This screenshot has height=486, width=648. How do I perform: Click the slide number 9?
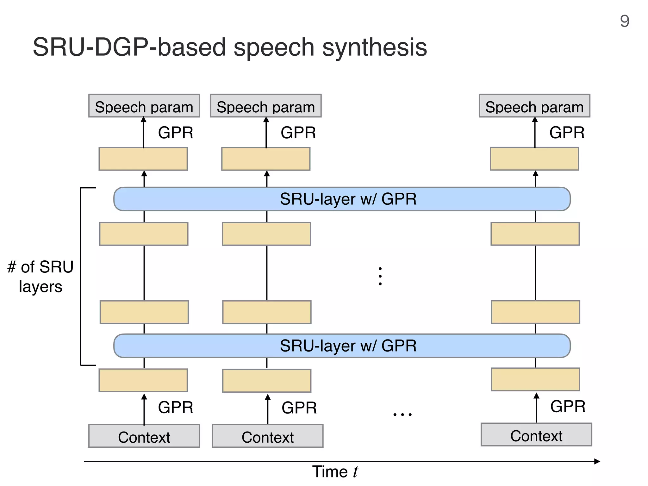pos(624,22)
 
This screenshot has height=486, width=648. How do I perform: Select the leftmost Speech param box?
pos(144,106)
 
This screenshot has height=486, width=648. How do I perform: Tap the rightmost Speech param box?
pos(534,106)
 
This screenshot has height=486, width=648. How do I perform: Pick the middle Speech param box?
pos(266,106)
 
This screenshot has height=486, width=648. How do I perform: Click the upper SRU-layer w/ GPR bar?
pos(342,199)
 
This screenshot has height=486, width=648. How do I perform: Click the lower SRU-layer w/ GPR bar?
pos(342,346)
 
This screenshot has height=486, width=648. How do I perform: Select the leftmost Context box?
pos(144,436)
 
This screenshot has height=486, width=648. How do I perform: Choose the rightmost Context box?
pos(536,435)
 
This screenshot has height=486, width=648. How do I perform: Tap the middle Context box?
pos(268,436)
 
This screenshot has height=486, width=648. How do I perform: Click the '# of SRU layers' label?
pos(40,277)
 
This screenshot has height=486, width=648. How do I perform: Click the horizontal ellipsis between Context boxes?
pos(402,414)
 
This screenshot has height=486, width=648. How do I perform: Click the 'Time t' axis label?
pos(335,472)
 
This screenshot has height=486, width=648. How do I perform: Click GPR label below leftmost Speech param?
pos(176,133)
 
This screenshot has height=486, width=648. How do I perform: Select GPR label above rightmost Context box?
pos(568,406)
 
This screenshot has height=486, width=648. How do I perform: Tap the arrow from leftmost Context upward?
pos(144,410)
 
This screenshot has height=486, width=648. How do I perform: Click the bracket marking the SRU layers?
pos(81,277)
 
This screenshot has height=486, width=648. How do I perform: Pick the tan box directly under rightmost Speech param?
pos(534,159)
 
